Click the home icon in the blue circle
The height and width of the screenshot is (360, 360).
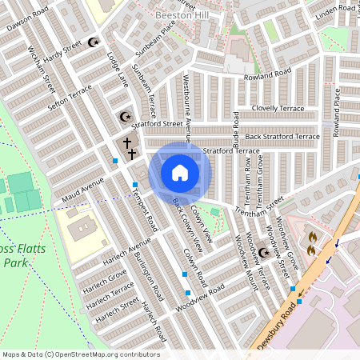[x=180, y=172]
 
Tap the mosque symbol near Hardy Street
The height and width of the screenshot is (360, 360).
[x=93, y=42]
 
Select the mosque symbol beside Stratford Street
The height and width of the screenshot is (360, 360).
[x=124, y=117]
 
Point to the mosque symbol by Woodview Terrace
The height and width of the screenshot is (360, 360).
[x=264, y=254]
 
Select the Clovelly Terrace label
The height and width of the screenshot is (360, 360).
[x=277, y=107]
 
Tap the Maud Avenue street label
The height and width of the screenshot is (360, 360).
[x=83, y=190]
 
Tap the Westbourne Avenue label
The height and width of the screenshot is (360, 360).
[x=186, y=108]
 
